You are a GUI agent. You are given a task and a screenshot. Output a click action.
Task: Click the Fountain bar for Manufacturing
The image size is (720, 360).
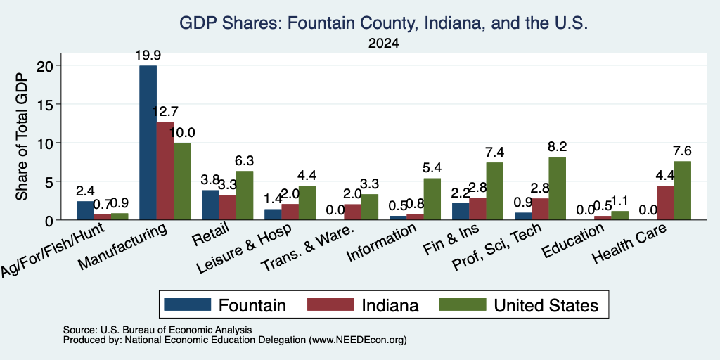click(x=148, y=143)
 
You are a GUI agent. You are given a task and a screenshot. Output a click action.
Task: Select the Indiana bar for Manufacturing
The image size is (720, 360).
click(x=165, y=171)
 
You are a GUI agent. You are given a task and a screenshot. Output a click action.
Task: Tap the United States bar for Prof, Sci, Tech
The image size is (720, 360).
click(x=557, y=188)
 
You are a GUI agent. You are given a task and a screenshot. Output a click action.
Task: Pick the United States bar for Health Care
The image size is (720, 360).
click(x=682, y=191)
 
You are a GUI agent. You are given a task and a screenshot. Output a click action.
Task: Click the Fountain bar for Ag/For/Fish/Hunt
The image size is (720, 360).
click(x=85, y=210)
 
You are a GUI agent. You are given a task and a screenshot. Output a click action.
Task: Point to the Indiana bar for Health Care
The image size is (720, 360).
click(x=665, y=203)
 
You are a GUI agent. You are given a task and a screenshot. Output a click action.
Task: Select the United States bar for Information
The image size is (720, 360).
click(x=432, y=199)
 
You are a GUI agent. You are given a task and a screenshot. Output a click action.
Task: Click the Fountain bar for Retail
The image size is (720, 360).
click(x=210, y=205)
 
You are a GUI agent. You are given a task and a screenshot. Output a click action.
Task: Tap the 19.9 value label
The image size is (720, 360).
click(x=148, y=56)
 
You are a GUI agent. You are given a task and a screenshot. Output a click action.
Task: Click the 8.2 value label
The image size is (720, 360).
click(x=557, y=146)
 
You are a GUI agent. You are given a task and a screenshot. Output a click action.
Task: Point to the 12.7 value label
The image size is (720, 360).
click(x=165, y=112)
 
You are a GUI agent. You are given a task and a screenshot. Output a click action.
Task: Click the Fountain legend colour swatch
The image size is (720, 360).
click(x=187, y=304)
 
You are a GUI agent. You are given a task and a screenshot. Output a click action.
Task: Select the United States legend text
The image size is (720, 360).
click(x=546, y=305)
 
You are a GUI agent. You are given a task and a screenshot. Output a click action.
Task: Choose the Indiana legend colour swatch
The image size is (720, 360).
click(x=330, y=304)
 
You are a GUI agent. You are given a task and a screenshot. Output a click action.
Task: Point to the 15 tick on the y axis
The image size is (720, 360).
click(x=47, y=104)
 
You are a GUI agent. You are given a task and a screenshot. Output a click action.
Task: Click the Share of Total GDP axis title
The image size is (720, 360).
click(x=22, y=137)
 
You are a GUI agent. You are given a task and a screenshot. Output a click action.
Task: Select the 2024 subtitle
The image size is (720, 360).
click(x=383, y=44)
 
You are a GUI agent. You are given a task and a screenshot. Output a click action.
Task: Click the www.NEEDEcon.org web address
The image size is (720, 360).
click(x=358, y=340)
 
